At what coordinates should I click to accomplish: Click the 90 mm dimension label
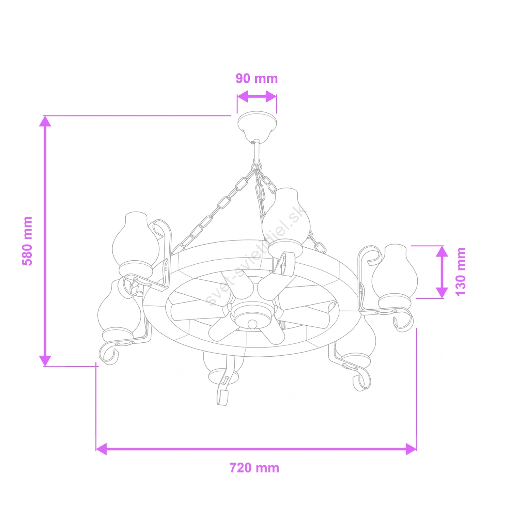pos(257,78)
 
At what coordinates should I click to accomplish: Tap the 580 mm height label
pos(27,241)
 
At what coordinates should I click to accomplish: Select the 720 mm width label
pos(254,468)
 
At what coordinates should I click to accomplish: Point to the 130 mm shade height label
pos(460,272)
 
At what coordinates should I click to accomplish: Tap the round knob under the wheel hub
pos(252,323)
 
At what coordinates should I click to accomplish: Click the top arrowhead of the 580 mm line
pos(45,121)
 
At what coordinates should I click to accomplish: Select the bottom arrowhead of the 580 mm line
pos(45,361)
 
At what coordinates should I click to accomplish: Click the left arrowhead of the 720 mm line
pos(102,449)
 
